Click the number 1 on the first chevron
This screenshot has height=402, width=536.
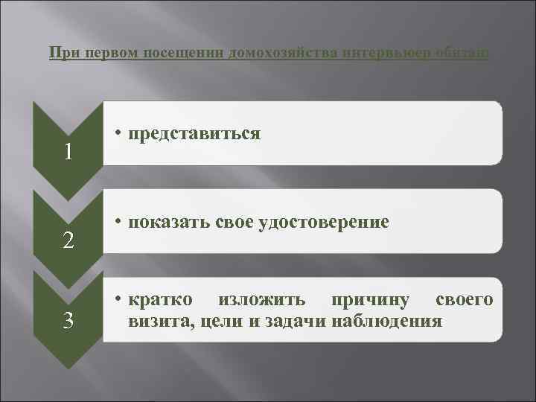(x=68, y=152)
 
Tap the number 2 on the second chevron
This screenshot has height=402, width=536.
(x=68, y=240)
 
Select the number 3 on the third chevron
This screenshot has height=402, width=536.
(x=68, y=321)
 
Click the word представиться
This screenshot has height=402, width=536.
(x=194, y=133)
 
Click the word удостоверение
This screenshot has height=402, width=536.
(x=323, y=222)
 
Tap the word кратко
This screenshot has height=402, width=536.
(x=160, y=300)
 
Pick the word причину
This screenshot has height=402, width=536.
(x=372, y=300)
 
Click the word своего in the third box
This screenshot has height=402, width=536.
(x=464, y=300)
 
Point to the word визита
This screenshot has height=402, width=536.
(x=154, y=321)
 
